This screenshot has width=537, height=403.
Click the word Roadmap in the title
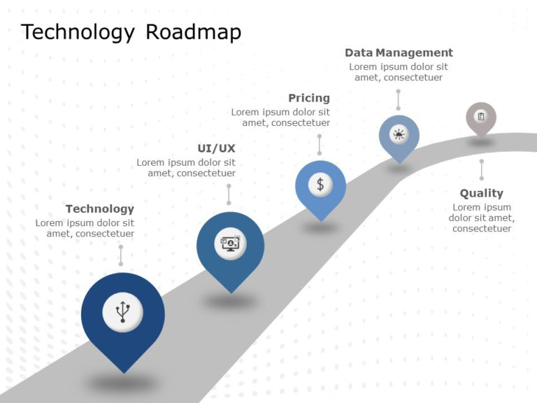[x=193, y=33]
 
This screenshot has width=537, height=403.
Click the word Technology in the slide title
[x=78, y=33]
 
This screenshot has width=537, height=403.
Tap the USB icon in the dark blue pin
[x=123, y=312]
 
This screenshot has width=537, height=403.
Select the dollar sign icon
[x=320, y=184]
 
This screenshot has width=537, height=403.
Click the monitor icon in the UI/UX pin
[x=230, y=243]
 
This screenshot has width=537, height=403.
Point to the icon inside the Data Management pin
[x=399, y=134]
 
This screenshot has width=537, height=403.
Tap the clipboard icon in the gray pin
[x=480, y=116]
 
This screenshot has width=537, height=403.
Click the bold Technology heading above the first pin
[x=99, y=208]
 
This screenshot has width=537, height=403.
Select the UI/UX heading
[x=217, y=148]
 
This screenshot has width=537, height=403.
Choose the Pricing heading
[x=308, y=98]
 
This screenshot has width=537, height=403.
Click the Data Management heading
[x=399, y=52]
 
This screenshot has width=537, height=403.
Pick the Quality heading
[x=481, y=193]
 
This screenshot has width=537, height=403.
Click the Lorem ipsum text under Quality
[x=481, y=218]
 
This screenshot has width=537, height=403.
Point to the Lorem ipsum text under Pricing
[x=280, y=117]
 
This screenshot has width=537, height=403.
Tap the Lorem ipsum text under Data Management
[x=399, y=72]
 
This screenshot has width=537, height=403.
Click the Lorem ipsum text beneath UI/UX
[x=186, y=167]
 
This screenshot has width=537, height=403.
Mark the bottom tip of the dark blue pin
[x=124, y=372]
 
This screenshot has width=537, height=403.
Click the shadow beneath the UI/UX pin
[x=230, y=301]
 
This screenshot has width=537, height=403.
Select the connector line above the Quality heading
[x=481, y=169]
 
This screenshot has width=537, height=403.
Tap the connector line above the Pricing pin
[x=320, y=145]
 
